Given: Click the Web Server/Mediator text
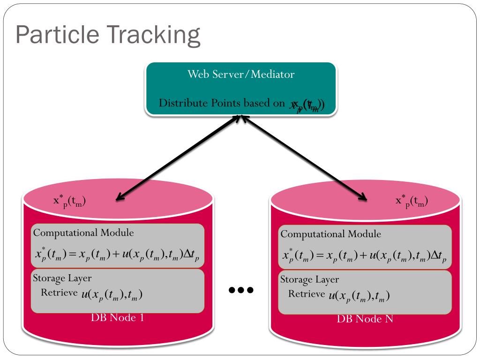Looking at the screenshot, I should (x=241, y=74).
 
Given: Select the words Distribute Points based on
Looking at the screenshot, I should (x=222, y=103).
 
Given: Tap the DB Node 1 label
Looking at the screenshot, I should (x=117, y=317).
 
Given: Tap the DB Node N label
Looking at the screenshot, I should (x=365, y=319).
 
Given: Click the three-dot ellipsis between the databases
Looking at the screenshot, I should (x=241, y=290).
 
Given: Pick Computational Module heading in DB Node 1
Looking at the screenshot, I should (x=83, y=232).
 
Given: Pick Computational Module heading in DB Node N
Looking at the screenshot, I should (x=330, y=234).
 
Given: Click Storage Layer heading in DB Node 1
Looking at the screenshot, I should (x=62, y=277).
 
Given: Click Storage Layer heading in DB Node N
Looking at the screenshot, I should (x=309, y=279).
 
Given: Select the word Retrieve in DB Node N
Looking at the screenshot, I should (x=306, y=294).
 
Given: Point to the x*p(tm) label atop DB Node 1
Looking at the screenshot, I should (x=69, y=201).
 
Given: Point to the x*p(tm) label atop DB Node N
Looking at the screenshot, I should (x=412, y=201).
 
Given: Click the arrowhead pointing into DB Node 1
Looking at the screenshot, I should (x=120, y=197).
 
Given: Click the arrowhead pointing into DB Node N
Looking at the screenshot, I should (x=362, y=197).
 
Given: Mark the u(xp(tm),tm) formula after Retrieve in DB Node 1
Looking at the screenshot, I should (x=112, y=294).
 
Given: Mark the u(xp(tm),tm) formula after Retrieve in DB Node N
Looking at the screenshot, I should (x=359, y=296).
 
